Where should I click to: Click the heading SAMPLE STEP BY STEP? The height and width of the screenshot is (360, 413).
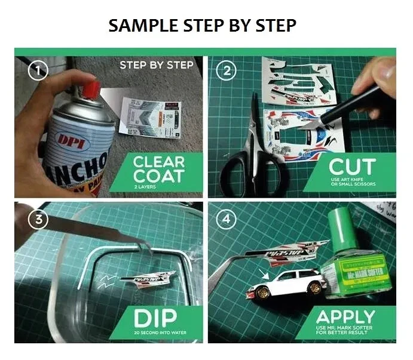click(x=202, y=25)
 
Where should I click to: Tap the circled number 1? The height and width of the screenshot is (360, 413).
click(x=38, y=72)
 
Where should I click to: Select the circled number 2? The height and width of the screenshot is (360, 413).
click(x=226, y=72)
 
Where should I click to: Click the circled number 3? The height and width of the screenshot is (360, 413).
click(x=38, y=219)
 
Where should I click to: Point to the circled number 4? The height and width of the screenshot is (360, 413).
click(x=226, y=219)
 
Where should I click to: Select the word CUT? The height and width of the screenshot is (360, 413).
click(x=353, y=167)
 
